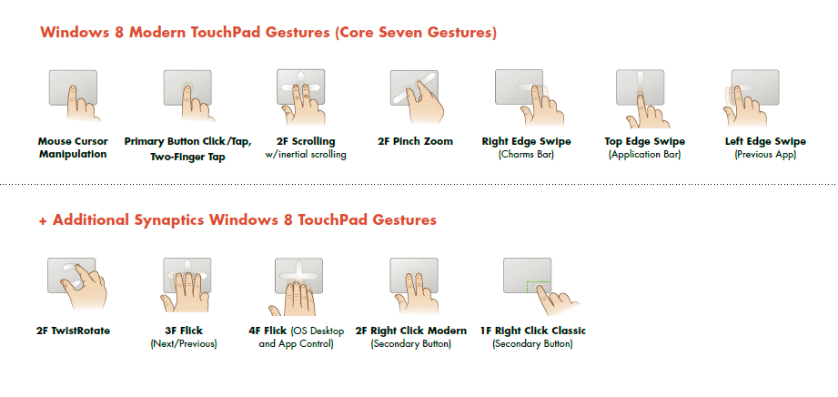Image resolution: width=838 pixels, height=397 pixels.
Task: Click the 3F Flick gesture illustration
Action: (187, 283)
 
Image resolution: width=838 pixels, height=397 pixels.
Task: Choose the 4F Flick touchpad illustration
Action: (298, 283)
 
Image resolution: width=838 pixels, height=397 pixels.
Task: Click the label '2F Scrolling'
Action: (306, 141)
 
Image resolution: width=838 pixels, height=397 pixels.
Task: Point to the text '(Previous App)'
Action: (765, 155)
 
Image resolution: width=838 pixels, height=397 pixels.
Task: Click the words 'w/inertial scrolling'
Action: (306, 155)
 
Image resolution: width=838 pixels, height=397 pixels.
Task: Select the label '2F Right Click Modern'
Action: (410, 331)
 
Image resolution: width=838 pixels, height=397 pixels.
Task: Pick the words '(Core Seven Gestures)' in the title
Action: (415, 33)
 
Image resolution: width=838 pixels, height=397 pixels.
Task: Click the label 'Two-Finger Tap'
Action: (187, 157)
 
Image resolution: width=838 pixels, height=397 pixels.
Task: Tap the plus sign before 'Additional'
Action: (44, 220)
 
